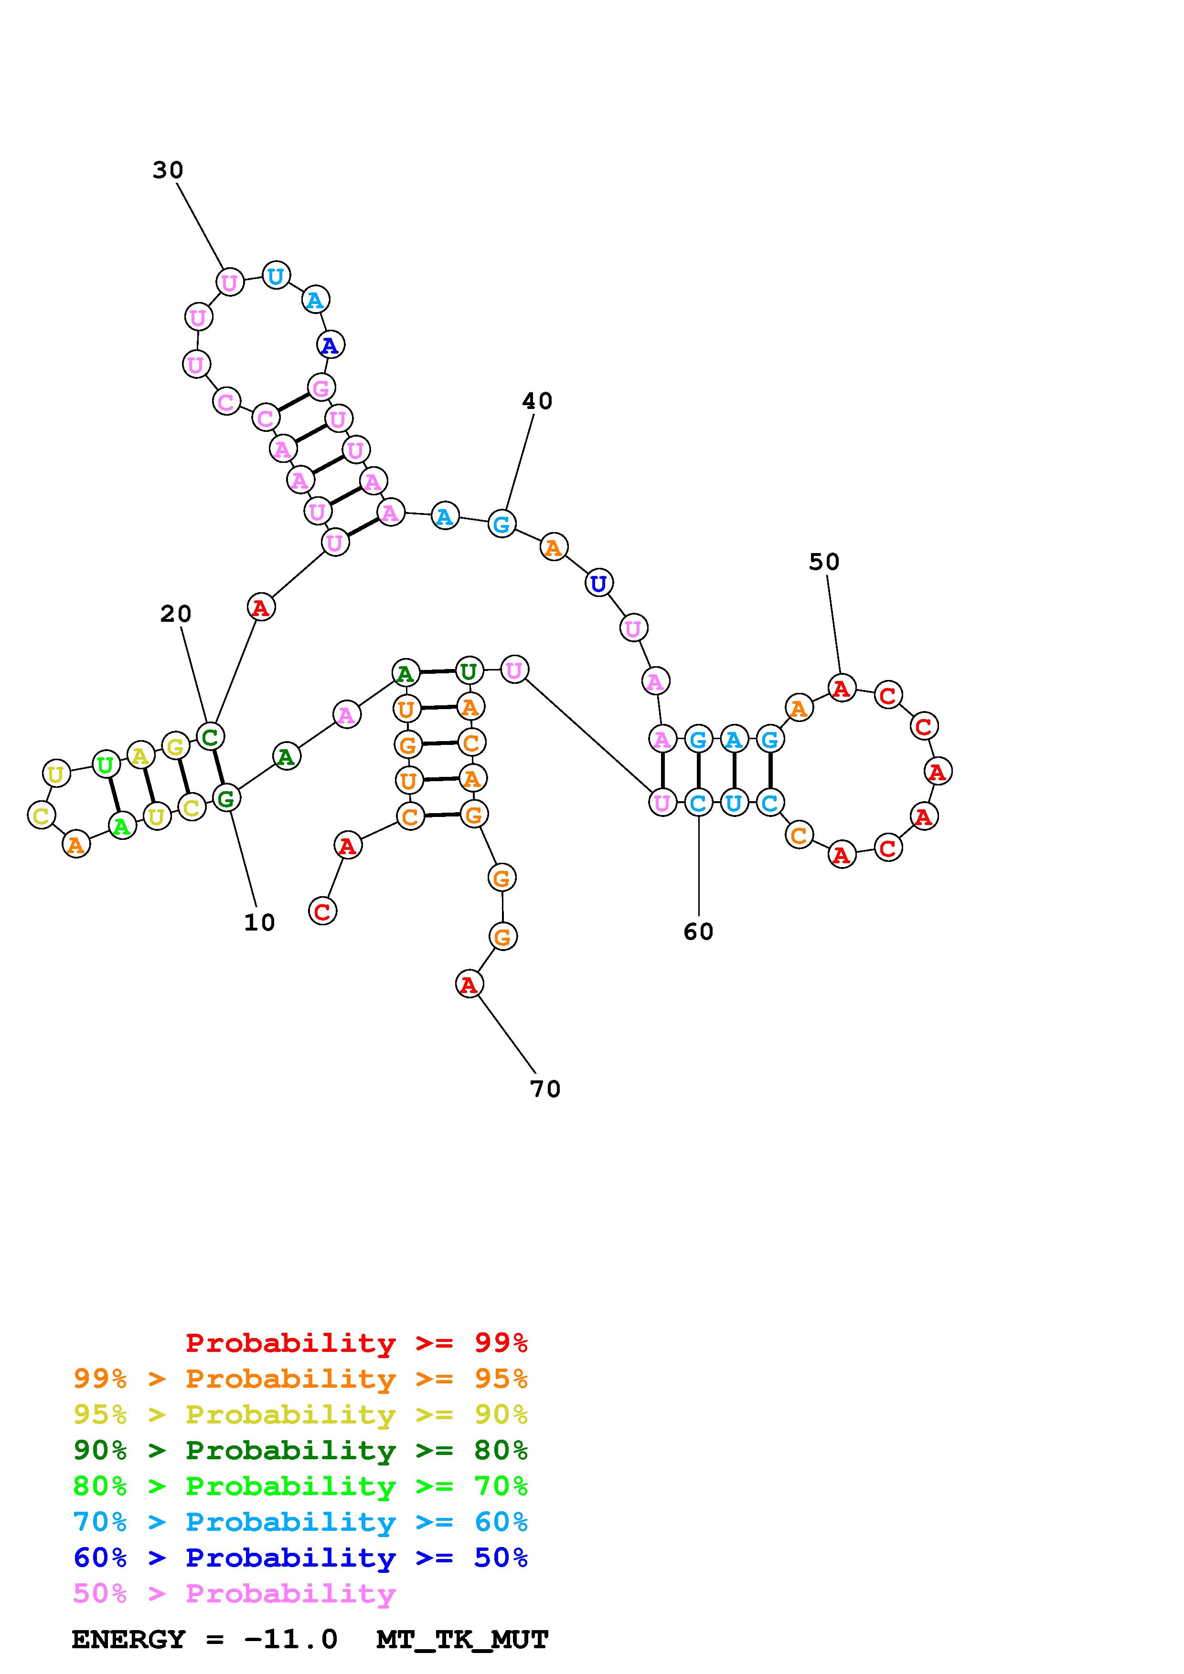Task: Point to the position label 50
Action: click(x=824, y=562)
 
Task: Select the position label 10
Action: click(x=259, y=923)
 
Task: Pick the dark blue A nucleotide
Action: click(x=331, y=345)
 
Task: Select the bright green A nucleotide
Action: click(x=122, y=826)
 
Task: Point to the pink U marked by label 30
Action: click(x=230, y=282)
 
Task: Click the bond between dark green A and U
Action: click(x=437, y=671)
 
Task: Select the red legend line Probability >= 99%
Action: click(x=357, y=1343)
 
